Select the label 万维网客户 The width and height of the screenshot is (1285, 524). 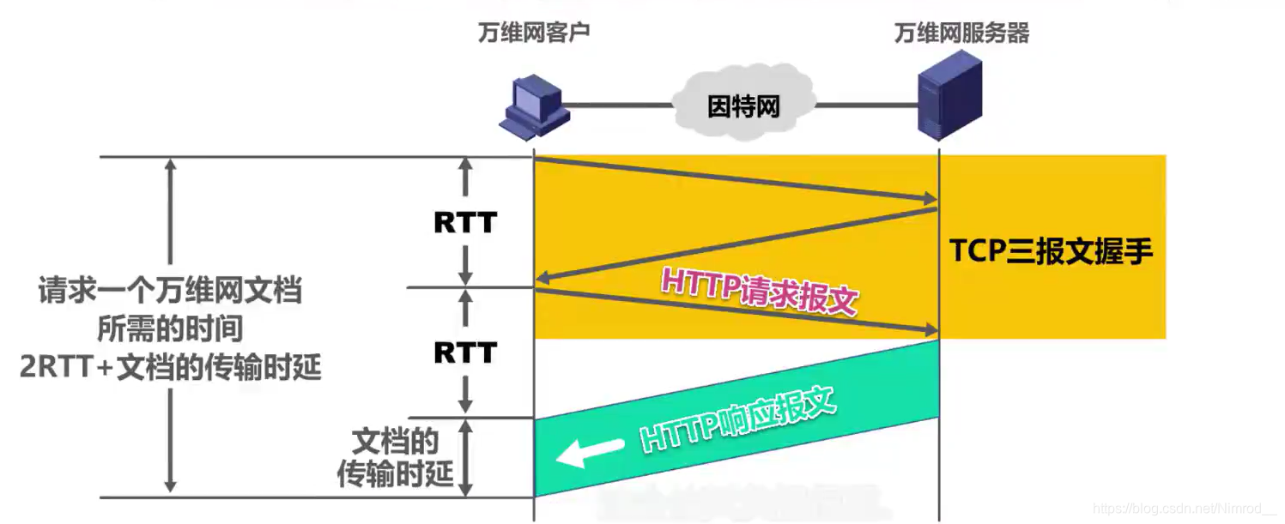pyautogui.click(x=533, y=33)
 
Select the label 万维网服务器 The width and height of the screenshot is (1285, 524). pyautogui.click(x=961, y=33)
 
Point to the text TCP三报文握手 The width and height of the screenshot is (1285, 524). pyautogui.click(x=1051, y=251)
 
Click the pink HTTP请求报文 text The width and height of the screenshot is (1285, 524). pyautogui.click(x=759, y=291)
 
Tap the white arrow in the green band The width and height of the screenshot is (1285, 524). pyautogui.click(x=590, y=451)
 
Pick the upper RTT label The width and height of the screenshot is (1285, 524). pyautogui.click(x=464, y=223)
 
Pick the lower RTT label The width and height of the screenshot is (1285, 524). pyautogui.click(x=464, y=352)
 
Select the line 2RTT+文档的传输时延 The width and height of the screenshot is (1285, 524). pyautogui.click(x=171, y=367)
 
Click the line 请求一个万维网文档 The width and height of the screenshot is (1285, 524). pyautogui.click(x=171, y=291)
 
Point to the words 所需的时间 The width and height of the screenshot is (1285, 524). pyautogui.click(x=171, y=329)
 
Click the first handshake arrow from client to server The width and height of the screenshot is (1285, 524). pyautogui.click(x=735, y=180)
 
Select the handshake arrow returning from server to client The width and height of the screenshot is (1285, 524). pyautogui.click(x=735, y=244)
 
